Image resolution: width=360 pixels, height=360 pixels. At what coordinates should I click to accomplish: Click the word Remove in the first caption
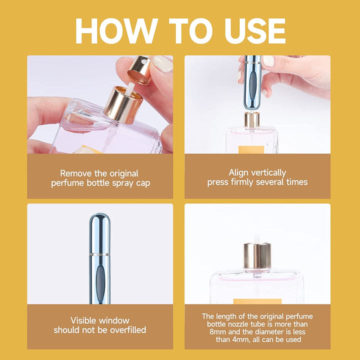pyautogui.click(x=75, y=173)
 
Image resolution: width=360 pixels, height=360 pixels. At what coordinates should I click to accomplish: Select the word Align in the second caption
pyautogui.click(x=238, y=172)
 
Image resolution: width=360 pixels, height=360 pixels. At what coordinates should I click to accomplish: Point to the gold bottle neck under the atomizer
pyautogui.click(x=251, y=120)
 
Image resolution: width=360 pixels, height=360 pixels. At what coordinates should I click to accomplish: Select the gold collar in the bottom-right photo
pyautogui.click(x=257, y=255)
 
